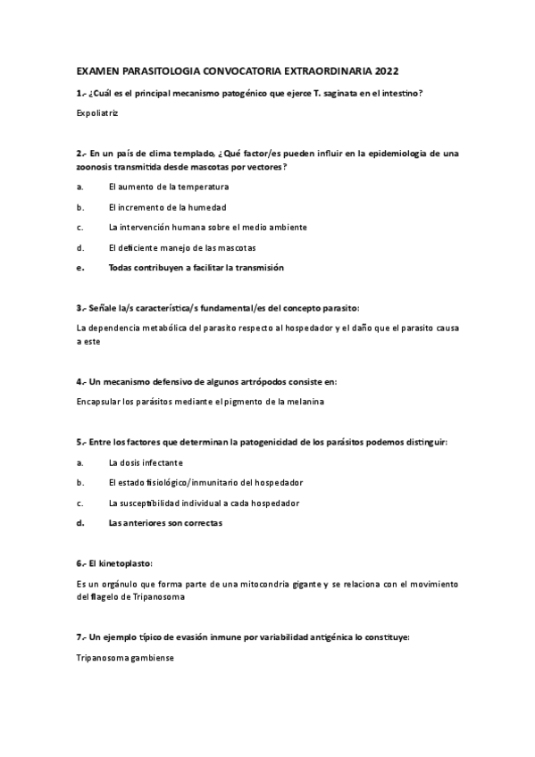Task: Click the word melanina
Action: click(304, 402)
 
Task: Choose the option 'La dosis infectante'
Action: click(146, 462)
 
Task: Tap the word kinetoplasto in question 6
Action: click(125, 563)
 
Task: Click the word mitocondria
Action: click(236, 584)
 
